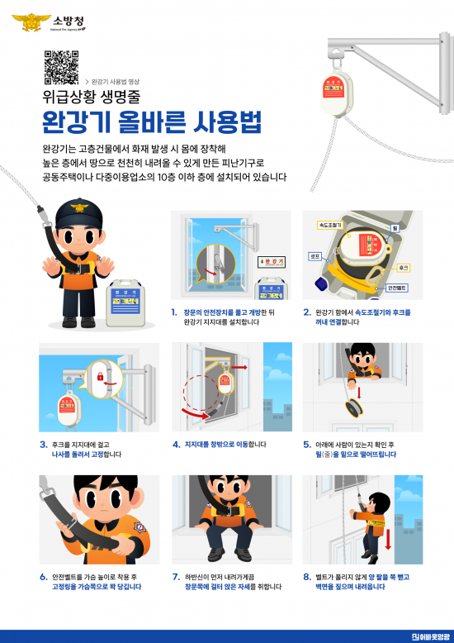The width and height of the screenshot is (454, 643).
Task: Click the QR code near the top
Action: (x=61, y=67)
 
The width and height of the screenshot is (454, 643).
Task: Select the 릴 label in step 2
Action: (x=395, y=226)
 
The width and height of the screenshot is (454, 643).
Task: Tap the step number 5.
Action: (x=307, y=444)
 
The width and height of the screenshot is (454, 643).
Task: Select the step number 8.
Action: (x=307, y=576)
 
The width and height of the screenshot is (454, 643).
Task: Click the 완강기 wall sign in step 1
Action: (x=271, y=261)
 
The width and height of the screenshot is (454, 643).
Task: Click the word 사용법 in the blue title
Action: (x=226, y=122)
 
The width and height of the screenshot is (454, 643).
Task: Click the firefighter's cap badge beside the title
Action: (x=78, y=208)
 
